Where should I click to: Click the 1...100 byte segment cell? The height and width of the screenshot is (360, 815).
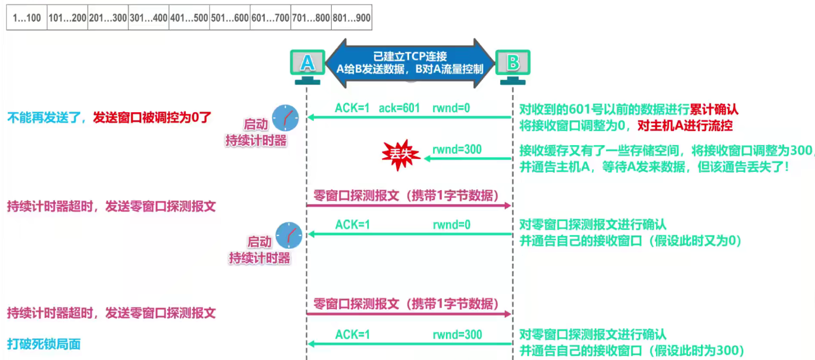pos(27,18)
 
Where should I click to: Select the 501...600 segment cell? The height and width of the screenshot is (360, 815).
pos(230,18)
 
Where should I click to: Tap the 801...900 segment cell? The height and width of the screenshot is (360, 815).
pos(351,18)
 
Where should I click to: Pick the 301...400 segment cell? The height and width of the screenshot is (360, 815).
pos(148,18)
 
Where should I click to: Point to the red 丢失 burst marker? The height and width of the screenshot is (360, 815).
pos(401,154)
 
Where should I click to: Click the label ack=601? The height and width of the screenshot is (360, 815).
pos(399,108)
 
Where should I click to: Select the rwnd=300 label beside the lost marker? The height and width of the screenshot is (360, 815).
pos(457,149)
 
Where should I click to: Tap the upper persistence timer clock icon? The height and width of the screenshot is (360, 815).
pos(286,118)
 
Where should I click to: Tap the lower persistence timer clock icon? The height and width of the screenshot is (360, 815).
pos(289,235)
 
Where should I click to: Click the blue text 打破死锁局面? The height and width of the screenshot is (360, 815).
pos(44,344)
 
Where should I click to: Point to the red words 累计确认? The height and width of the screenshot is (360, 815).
pos(714,109)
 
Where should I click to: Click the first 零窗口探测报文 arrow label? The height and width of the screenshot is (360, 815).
pos(406,196)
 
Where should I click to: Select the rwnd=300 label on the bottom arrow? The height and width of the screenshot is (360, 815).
pos(457,335)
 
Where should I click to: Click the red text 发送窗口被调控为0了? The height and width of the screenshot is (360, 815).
pos(152,117)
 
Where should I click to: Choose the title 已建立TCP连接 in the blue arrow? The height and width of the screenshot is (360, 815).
pos(410,56)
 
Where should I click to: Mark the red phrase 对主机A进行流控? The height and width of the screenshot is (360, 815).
pos(685,126)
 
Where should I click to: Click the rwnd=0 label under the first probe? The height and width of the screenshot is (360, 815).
pos(451,225)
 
